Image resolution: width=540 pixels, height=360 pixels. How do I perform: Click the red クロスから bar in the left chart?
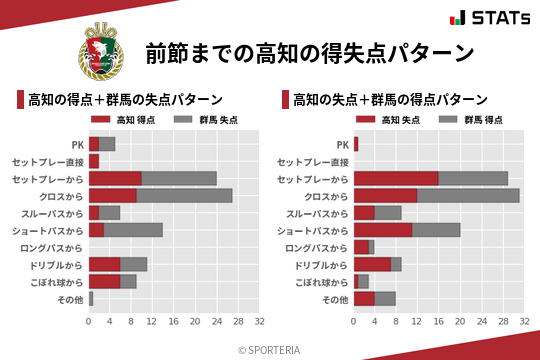[112, 195]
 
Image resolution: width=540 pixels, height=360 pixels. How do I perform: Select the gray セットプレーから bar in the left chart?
[179, 178]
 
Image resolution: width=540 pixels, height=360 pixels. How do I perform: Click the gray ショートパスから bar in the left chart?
[133, 229]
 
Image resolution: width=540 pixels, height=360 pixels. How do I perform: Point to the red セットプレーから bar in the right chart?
[396, 178]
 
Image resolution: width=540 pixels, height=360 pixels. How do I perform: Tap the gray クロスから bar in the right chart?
[468, 195]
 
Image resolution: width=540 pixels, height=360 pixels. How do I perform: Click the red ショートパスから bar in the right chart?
[383, 229]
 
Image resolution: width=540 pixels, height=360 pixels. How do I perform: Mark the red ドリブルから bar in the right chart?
[372, 264]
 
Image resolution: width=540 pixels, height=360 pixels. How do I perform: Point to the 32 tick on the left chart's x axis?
[259, 322]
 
